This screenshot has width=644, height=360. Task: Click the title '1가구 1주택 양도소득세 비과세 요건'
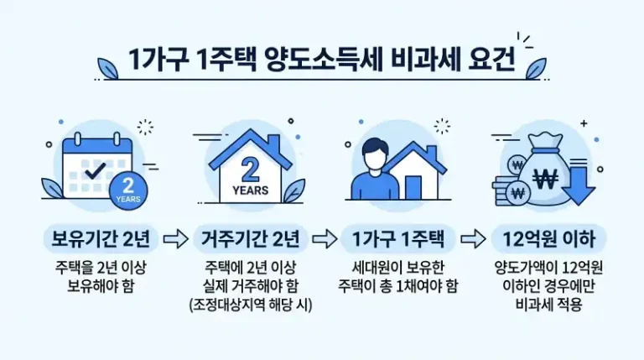[321, 61]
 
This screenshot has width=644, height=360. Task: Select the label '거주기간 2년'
[249, 239]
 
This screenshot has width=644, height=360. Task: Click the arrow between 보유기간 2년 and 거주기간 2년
[174, 240]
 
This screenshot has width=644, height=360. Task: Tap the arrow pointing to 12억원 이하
[475, 240]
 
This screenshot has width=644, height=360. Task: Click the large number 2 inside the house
[249, 168]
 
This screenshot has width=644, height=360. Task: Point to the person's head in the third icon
[374, 158]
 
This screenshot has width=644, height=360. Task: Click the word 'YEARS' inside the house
[249, 190]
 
